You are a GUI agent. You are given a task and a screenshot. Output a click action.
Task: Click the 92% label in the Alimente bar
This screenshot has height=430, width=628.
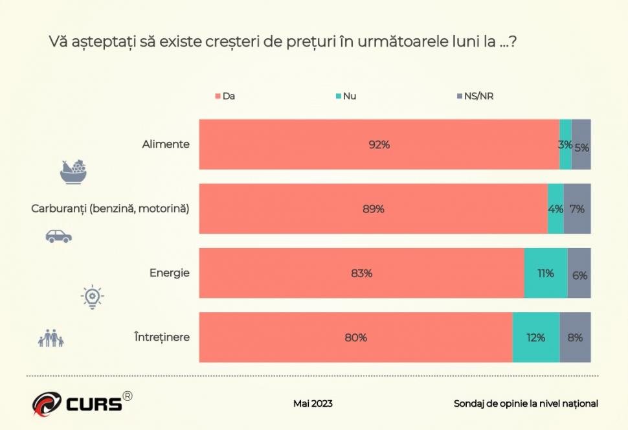pos(379,145)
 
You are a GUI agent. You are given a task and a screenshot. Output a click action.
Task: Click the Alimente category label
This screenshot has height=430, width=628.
pos(166,144)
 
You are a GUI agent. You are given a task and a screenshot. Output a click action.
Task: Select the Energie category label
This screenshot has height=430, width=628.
pos(169,273)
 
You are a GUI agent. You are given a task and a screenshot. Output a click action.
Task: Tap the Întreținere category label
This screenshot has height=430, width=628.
pos(162,337)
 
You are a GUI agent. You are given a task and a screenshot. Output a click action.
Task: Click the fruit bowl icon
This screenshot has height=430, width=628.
pos(74,172)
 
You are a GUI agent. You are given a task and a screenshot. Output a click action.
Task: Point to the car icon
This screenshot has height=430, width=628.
pos(58,236)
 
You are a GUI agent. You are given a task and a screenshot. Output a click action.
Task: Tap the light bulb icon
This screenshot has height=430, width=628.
pos(93,297)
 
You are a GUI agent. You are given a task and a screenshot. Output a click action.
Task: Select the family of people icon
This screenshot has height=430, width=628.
pos(51,338)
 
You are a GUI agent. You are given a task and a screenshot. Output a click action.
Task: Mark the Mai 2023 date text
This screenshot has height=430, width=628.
pos(313,403)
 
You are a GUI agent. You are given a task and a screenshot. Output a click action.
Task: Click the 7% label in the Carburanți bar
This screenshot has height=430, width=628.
pos(577,209)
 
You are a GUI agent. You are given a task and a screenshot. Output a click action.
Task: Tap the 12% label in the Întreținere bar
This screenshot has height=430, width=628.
pos(535,337)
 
